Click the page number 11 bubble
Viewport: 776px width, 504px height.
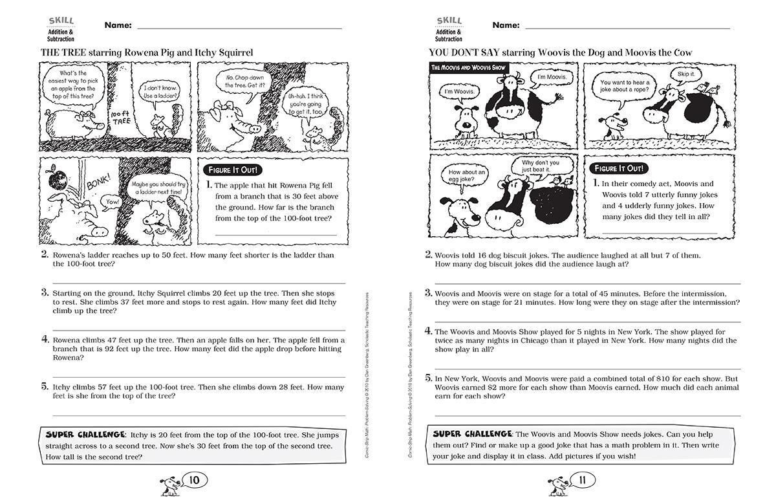pos(583,479)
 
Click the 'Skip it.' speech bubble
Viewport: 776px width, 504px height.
pos(684,74)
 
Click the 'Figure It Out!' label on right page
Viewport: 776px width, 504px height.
pos(619,168)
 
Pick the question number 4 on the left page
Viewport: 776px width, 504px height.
pos(45,339)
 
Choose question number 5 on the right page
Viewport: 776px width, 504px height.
pos(428,377)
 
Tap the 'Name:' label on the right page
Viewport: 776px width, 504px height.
pos(506,25)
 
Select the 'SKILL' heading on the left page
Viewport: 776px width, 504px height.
pos(61,21)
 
